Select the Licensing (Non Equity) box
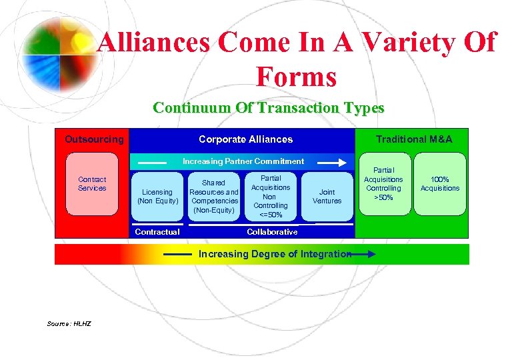[x=158, y=196]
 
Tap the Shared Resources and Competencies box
[x=214, y=196]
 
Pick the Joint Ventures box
[x=327, y=196]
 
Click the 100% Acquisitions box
[x=440, y=183]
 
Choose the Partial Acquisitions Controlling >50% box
[x=383, y=183]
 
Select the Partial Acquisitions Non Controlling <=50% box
[x=271, y=196]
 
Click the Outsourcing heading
[x=94, y=139]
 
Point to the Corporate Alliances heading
[x=245, y=139]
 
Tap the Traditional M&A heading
[x=413, y=139]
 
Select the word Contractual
[x=157, y=232]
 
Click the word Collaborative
[x=272, y=232]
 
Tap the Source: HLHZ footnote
[x=69, y=324]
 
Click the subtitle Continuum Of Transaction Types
[x=268, y=107]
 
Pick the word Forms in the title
[x=296, y=77]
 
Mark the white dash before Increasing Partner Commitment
[x=153, y=162]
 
